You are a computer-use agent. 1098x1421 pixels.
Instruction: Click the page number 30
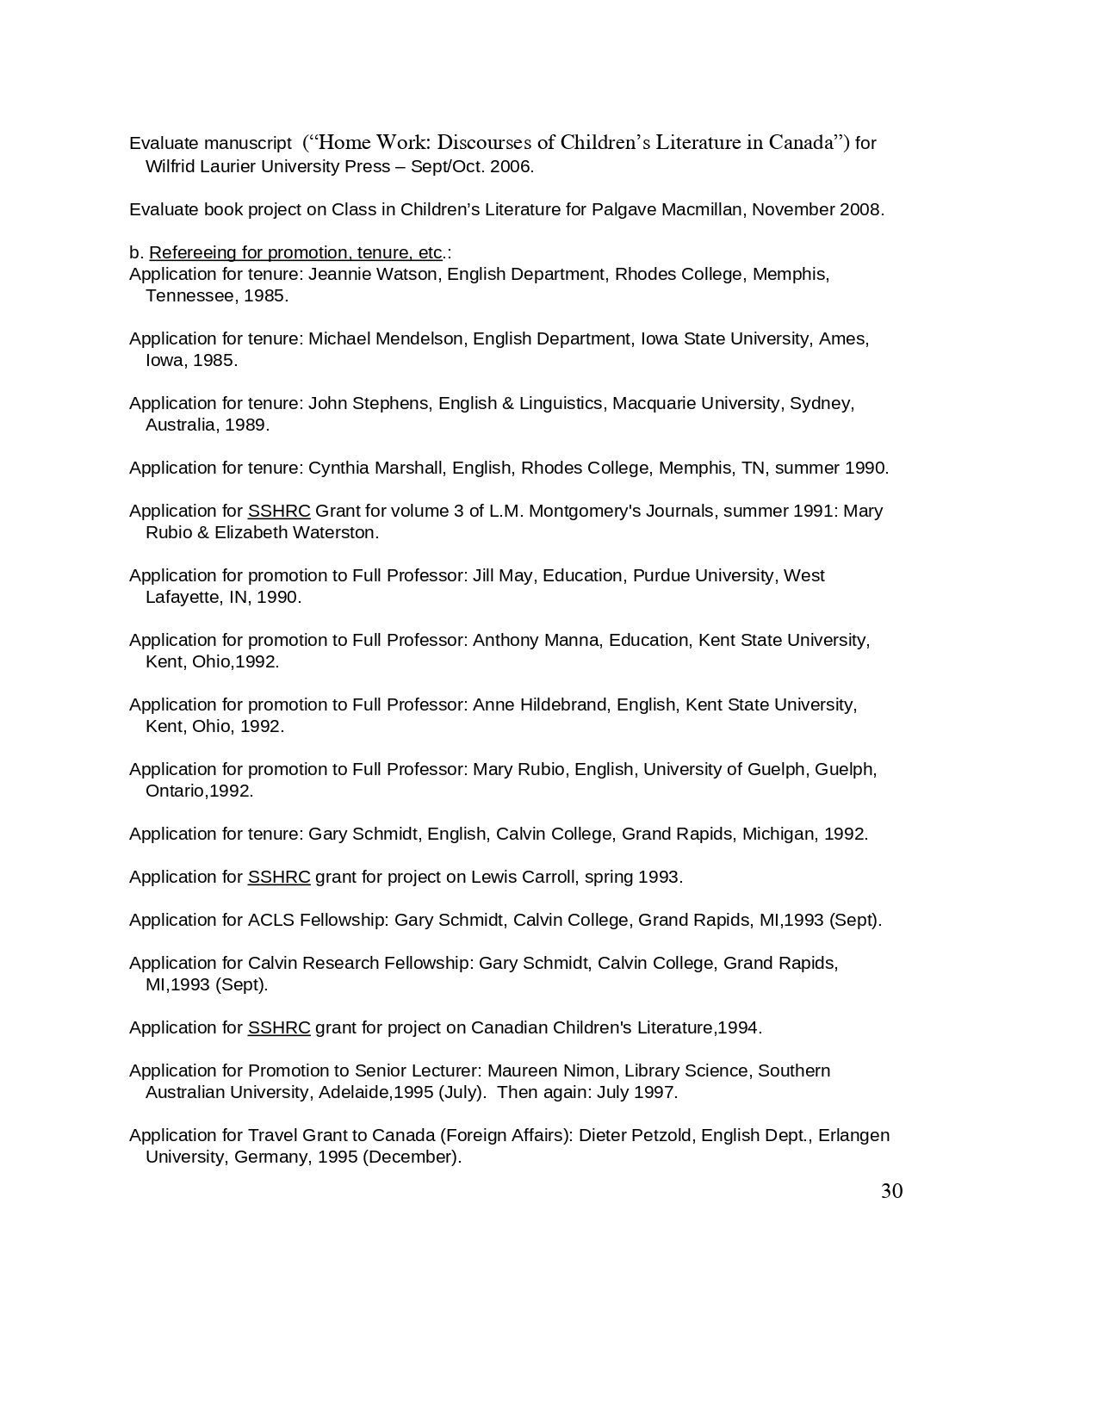click(x=891, y=1191)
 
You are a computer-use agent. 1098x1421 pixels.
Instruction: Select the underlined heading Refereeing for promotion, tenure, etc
click(x=295, y=252)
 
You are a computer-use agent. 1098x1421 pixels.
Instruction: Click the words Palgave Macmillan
click(x=667, y=209)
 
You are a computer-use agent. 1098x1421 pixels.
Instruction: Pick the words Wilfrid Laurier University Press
click(x=268, y=166)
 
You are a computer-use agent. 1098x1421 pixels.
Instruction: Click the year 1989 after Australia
click(x=247, y=425)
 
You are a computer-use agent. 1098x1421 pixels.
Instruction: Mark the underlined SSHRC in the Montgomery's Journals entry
click(x=278, y=511)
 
